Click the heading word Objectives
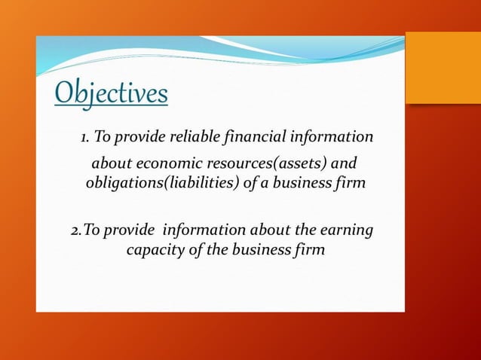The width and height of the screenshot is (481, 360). coord(111,94)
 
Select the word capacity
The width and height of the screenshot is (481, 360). coord(155,249)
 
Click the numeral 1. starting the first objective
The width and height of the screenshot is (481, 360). coord(86,139)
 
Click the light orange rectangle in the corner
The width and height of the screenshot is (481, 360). coord(443,68)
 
